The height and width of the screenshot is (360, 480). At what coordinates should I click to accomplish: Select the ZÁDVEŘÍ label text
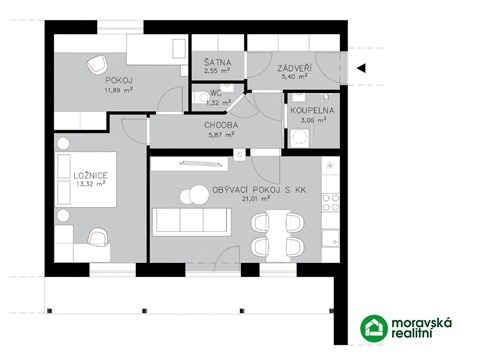coord(295,65)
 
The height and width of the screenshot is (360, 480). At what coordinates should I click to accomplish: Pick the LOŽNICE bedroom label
coord(90,175)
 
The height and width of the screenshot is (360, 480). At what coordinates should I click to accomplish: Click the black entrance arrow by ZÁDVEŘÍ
coord(363,68)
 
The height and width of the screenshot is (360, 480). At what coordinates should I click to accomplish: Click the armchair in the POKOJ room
coord(101,61)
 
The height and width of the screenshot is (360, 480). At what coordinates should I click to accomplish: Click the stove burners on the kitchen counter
coord(328,199)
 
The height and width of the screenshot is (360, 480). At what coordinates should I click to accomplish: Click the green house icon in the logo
coord(375,328)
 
